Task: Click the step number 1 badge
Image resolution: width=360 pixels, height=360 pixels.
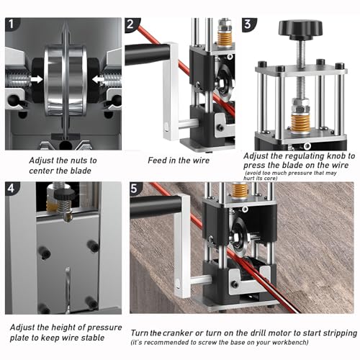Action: point(12,24)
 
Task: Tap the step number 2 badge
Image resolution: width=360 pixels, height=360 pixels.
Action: point(131,24)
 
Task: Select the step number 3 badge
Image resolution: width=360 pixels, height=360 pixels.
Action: point(248,24)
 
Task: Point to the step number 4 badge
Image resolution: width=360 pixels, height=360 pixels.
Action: point(12,189)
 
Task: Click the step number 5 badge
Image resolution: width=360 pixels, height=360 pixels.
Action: point(135,189)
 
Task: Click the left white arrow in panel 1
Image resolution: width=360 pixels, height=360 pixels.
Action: point(37,79)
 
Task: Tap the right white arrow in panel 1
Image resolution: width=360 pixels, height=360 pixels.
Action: point(99,79)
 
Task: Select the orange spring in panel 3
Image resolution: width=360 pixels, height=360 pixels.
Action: point(300,122)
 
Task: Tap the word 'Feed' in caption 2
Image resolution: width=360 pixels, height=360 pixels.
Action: point(157,161)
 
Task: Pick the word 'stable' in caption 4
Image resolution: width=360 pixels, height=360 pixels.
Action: point(92,338)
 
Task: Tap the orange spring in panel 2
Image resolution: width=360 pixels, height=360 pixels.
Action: point(225,38)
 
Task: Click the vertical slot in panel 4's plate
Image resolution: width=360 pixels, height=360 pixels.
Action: point(68,290)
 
